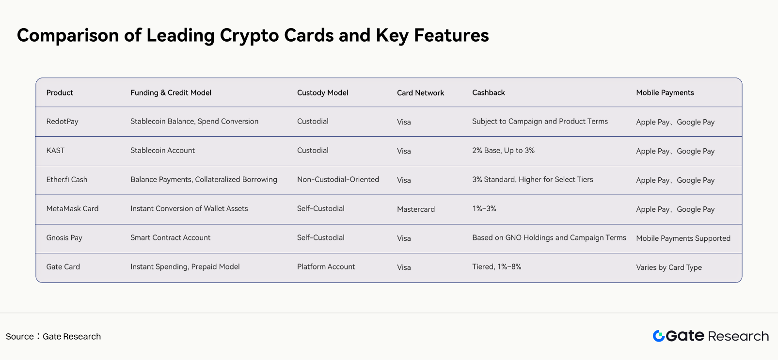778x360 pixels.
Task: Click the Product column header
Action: pos(60,93)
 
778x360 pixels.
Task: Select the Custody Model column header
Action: pos(322,93)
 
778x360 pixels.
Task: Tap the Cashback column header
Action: pos(488,93)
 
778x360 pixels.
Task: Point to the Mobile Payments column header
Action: pos(665,93)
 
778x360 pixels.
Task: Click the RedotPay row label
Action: pos(62,122)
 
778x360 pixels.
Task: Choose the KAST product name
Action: pos(55,151)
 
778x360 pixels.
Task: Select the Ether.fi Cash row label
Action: pos(67,179)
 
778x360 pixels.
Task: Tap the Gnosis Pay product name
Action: pos(64,238)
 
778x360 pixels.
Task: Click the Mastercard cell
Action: pos(416,209)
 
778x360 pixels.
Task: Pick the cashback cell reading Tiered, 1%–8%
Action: pos(497,266)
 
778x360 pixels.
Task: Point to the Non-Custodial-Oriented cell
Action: pos(338,179)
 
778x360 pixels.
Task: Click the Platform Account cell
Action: pos(326,266)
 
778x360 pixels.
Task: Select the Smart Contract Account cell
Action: pos(170,238)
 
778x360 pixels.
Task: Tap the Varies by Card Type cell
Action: pos(669,267)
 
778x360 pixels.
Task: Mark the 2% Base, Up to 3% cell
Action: pos(503,151)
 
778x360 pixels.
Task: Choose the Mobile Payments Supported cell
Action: pos(683,238)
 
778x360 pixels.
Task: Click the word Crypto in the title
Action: pos(249,36)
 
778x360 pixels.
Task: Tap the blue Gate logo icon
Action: pos(659,336)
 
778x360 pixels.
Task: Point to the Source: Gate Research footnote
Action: pos(53,336)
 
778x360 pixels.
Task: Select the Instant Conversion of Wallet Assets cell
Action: pos(189,209)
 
